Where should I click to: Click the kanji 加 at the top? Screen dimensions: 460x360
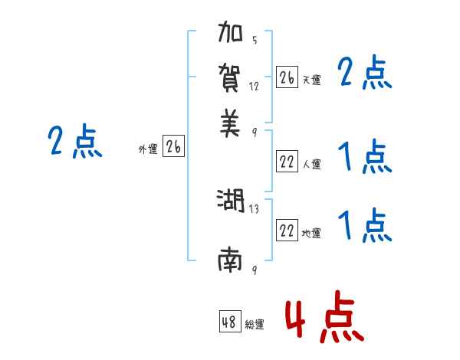[231, 36]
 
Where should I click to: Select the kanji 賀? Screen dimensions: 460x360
[231, 79]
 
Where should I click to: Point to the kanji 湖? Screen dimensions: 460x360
[230, 201]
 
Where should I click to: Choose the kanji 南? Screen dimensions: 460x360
[230, 261]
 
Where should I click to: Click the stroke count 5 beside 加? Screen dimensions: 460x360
[254, 41]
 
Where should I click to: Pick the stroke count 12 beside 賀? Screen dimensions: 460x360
[255, 87]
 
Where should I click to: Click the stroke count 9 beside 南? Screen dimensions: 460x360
[254, 270]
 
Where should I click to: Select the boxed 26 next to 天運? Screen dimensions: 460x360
[287, 77]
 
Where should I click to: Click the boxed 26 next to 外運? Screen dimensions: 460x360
[173, 147]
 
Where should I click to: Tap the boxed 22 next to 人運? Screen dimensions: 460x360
[287, 162]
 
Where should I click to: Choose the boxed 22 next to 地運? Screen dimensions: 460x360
[287, 231]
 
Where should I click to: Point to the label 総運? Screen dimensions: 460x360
[255, 325]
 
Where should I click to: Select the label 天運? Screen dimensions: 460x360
[311, 80]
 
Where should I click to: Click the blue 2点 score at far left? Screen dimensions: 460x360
[74, 142]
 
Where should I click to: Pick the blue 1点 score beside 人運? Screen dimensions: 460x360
[364, 157]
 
